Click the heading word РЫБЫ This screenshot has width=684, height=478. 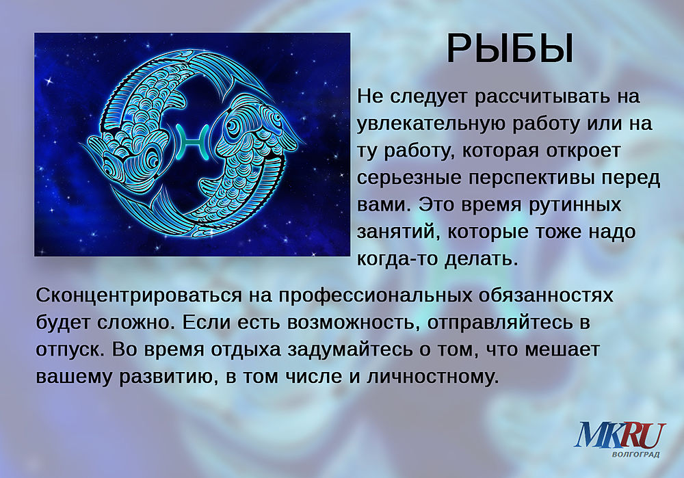510,49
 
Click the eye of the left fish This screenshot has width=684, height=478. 151,158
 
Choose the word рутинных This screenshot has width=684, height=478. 575,205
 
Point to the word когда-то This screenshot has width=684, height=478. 397,258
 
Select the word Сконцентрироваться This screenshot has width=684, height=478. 139,295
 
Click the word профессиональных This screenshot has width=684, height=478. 376,295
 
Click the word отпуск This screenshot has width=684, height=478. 70,349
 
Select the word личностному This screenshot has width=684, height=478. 432,377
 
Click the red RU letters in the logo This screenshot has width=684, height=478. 640,435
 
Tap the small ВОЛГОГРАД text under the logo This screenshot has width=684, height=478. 635,455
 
